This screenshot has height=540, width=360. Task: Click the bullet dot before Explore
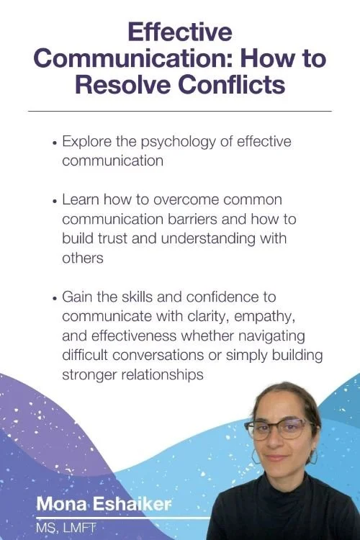click(x=55, y=143)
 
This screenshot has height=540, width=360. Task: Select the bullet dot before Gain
click(x=55, y=298)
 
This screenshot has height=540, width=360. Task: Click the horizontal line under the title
click(x=180, y=111)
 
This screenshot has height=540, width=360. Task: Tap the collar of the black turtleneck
click(x=281, y=490)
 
